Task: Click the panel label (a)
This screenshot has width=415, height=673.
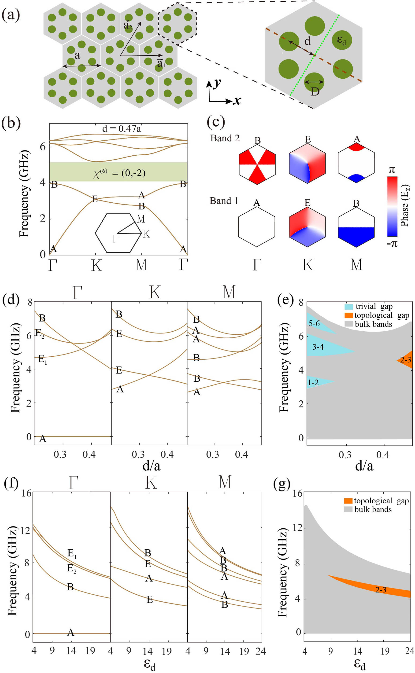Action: click(11, 15)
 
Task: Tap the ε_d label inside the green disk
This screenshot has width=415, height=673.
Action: click(341, 40)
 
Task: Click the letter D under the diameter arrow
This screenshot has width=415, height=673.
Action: click(315, 91)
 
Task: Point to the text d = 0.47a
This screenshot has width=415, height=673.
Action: click(122, 128)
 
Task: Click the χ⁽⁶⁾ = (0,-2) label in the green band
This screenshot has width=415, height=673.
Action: click(119, 173)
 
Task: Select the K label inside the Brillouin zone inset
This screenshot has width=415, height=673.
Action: click(146, 234)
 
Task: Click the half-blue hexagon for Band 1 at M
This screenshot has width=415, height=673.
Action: click(356, 227)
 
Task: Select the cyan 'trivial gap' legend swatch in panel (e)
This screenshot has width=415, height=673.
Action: click(348, 307)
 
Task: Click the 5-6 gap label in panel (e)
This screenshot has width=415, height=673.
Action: click(314, 323)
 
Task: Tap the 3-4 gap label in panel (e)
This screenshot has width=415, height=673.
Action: click(318, 347)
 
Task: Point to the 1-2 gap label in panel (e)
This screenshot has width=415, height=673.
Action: click(313, 383)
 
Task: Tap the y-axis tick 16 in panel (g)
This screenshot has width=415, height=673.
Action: click(296, 494)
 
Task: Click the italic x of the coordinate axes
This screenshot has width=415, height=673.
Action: click(237, 101)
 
